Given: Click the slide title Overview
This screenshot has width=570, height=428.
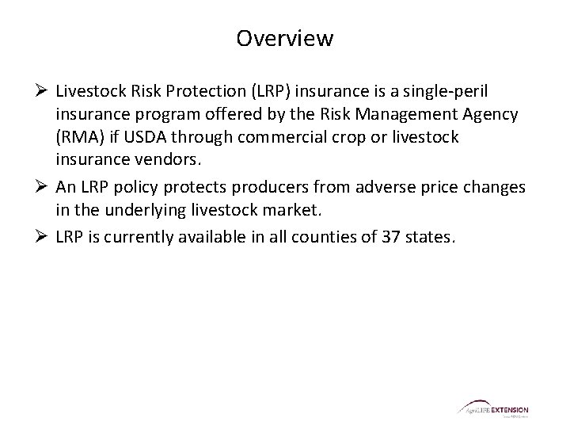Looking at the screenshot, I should coord(285,38).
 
